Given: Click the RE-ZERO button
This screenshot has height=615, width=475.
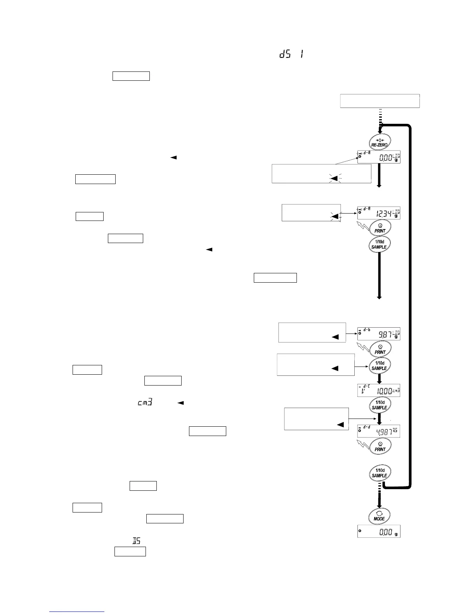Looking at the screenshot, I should click(x=379, y=142).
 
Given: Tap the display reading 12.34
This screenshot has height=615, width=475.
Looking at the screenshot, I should click(x=379, y=213).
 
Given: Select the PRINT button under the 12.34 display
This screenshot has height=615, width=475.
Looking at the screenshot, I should click(x=380, y=228).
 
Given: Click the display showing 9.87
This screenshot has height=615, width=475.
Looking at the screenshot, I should click(x=379, y=334).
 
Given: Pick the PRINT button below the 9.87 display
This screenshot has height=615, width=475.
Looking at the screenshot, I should click(x=380, y=349).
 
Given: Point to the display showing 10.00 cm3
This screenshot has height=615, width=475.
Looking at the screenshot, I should click(x=379, y=390).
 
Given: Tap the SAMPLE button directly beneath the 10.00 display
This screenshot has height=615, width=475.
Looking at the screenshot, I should click(x=379, y=405).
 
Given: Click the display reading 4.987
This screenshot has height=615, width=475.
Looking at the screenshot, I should click(x=379, y=431).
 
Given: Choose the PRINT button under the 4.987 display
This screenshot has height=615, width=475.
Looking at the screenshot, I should click(x=380, y=446).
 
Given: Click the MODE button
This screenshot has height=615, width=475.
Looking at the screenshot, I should click(x=379, y=516).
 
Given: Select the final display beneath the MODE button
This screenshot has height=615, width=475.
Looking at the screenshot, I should click(x=379, y=532).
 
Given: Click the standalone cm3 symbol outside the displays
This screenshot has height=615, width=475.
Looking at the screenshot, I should click(x=144, y=403).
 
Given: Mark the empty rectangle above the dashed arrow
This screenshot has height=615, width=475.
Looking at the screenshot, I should click(x=380, y=101).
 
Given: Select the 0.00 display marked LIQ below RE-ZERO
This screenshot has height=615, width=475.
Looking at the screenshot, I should click(x=379, y=157).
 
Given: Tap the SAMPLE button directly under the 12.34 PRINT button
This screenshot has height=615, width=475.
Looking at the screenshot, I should click(x=379, y=244).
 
